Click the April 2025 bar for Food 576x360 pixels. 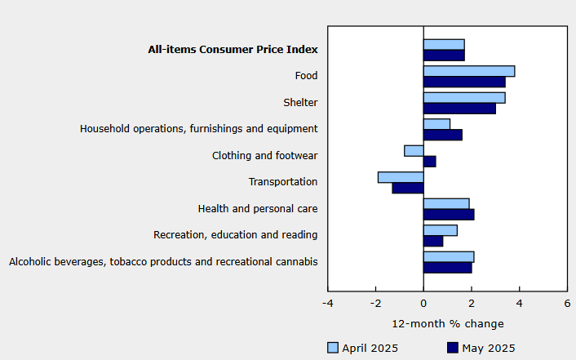click(469, 71)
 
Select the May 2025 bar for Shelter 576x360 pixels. click(459, 109)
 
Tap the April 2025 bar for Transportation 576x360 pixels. click(401, 177)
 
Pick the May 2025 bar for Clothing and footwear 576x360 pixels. click(429, 162)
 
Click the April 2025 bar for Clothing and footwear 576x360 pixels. click(414, 150)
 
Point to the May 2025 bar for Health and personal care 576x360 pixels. click(449, 215)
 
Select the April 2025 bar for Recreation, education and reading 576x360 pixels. click(440, 230)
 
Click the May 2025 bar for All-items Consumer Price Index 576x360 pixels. click(444, 56)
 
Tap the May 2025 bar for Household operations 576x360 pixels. click(442, 135)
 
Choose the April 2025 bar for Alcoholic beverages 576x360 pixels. click(449, 256)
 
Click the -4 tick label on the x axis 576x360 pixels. click(327, 304)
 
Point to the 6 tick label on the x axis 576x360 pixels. click(567, 304)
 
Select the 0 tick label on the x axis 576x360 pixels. click(423, 304)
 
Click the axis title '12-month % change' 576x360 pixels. click(448, 323)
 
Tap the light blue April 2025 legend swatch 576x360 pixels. click(332, 348)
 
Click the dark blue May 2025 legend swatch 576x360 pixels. click(454, 348)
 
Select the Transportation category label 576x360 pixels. click(282, 182)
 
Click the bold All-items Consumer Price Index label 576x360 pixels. click(233, 50)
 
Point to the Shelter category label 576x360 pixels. click(300, 103)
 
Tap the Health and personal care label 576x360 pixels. click(258, 209)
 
